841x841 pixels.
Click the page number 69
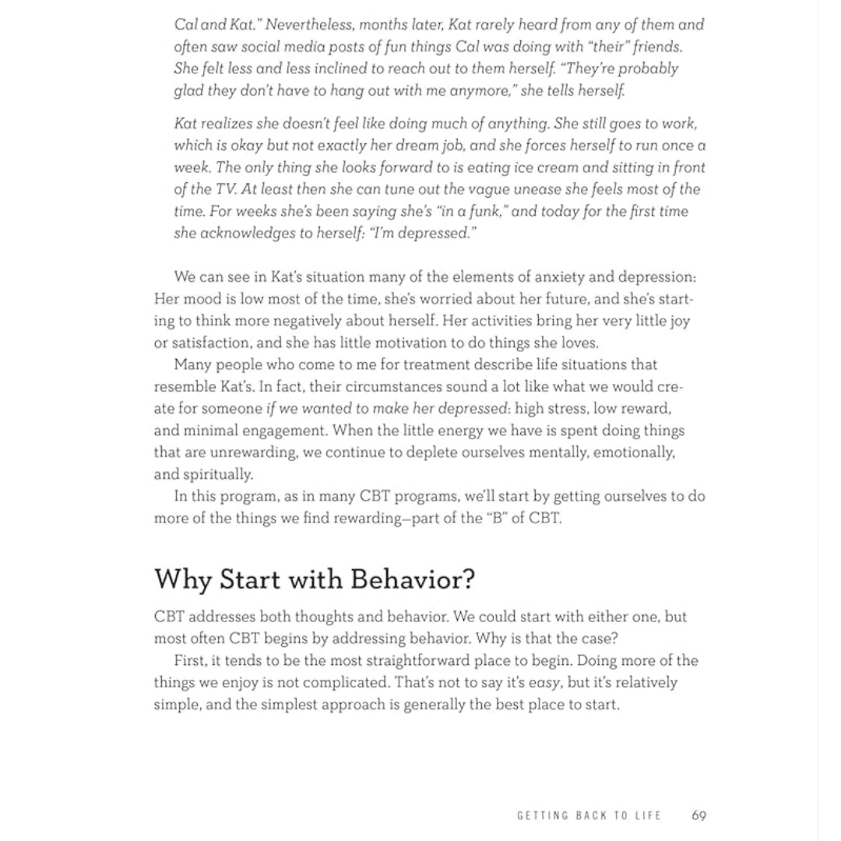698,815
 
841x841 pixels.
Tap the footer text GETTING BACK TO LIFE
589,815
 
